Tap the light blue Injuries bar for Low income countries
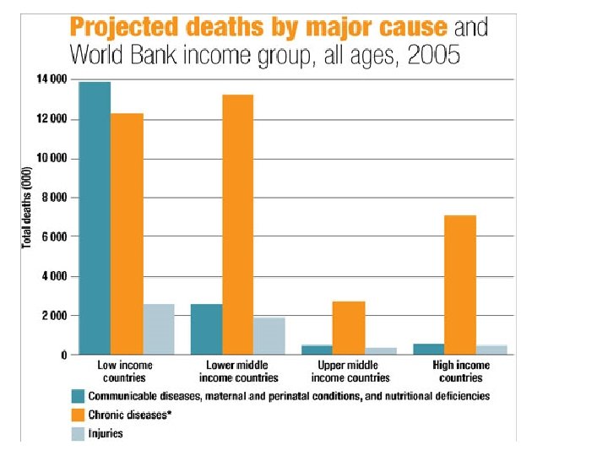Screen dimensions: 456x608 coord(158,329)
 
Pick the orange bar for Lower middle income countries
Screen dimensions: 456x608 coord(238,225)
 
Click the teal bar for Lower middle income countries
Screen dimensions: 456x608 coord(206,329)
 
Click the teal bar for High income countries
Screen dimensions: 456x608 coord(428,349)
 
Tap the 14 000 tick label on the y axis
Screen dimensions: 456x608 coord(50,80)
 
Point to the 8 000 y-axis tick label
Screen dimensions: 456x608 coord(52,198)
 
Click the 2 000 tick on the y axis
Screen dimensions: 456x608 coord(52,316)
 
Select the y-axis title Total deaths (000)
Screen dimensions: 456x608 coord(26,206)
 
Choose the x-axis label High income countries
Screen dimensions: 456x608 coord(460,372)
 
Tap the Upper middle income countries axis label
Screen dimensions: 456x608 coord(349,372)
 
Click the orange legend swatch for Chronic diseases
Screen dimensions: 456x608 coord(79,415)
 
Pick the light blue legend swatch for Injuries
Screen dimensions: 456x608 coord(79,433)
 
